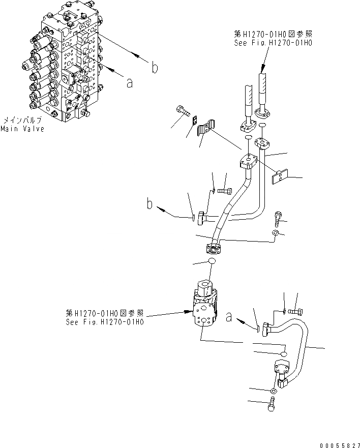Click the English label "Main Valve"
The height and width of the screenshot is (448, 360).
pos(22,129)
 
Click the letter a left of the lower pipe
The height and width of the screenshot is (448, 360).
pos(229,318)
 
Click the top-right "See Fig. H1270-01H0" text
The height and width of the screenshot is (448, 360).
pos(273,44)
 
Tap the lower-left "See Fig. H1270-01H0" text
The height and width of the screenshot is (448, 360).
pos(105,322)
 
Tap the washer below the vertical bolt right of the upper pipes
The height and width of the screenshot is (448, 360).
pos(275,233)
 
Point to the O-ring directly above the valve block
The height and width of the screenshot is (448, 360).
pos(212,261)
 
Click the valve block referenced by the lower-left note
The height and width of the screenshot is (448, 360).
pos(204,305)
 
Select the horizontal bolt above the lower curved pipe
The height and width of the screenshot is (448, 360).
pos(295,311)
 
